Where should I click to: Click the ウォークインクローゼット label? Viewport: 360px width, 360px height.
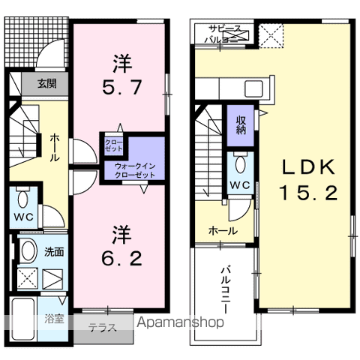point(135,169)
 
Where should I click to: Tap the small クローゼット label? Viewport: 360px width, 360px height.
point(114,145)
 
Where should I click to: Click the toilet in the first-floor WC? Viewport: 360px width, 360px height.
point(22,200)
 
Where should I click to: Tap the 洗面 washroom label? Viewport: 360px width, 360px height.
point(53,253)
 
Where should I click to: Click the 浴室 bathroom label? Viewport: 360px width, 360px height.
point(53,318)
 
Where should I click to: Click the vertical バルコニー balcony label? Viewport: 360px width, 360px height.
point(225,289)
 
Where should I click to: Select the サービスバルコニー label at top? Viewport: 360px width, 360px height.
point(225,33)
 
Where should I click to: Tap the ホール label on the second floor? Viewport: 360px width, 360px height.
point(223,231)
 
